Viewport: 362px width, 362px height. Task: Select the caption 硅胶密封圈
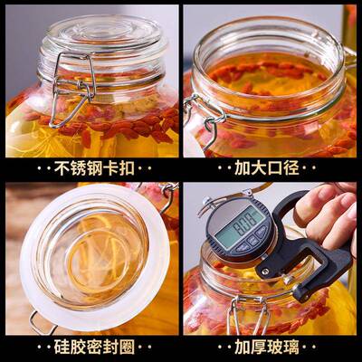click(90, 346)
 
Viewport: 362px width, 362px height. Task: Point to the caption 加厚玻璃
click(271, 346)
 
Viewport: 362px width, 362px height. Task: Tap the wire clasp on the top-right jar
click(205, 118)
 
